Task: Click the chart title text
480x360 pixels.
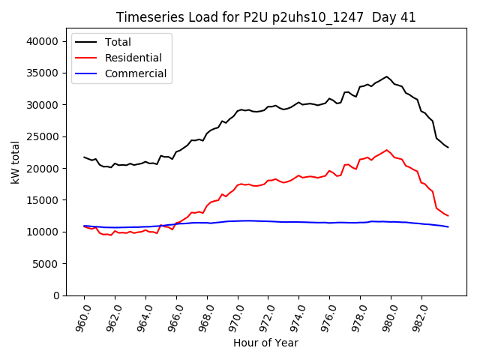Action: click(x=265, y=17)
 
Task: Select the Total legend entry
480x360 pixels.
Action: click(x=118, y=42)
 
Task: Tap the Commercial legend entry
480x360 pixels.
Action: click(x=136, y=73)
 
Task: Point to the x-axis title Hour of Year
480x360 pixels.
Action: click(x=265, y=343)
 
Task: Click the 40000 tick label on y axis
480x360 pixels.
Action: click(x=43, y=41)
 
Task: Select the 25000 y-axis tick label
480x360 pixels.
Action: click(x=43, y=136)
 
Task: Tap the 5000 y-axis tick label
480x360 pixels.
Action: click(x=46, y=264)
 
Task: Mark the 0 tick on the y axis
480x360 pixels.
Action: click(x=56, y=295)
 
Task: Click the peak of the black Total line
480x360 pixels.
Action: click(x=387, y=76)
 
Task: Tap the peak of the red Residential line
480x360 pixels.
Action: click(x=387, y=150)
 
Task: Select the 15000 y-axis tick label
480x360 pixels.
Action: click(x=43, y=200)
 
